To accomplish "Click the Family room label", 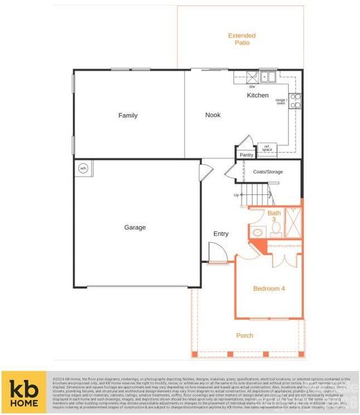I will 127,116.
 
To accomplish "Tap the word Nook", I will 213,115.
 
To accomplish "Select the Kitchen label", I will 258,95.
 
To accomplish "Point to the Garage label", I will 135,227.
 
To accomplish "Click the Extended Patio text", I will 242,39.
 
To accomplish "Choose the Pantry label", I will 246,155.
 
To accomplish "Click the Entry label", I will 221,234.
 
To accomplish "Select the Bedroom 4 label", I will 269,288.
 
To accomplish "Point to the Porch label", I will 244,335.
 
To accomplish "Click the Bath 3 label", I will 274,216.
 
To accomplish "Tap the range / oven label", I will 281,102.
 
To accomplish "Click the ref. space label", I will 267,147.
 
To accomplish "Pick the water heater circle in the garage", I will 82,168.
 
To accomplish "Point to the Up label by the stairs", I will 237,195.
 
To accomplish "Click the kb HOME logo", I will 24,392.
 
